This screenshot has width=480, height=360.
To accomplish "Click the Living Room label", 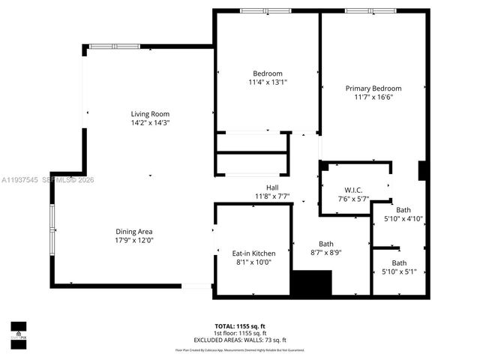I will click(x=150, y=114).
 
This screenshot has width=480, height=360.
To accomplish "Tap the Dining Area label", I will click(x=134, y=232).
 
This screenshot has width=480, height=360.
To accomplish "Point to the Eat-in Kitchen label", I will click(x=253, y=253).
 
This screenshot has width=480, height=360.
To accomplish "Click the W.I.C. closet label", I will click(x=353, y=190).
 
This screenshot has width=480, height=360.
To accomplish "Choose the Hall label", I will click(x=273, y=187).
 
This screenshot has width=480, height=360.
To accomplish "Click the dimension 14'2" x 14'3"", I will click(x=150, y=122).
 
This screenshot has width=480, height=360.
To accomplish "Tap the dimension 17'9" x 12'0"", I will click(x=134, y=241).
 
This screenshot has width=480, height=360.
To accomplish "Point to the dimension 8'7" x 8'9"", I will click(x=326, y=253).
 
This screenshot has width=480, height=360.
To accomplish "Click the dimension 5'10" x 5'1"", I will click(x=399, y=271).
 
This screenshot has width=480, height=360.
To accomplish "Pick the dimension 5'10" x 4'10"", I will click(x=403, y=219).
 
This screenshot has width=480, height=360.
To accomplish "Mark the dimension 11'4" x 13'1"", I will click(x=268, y=82).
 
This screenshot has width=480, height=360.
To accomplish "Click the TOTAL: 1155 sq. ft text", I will click(x=239, y=326).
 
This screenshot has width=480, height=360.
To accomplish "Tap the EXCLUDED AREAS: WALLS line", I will click(x=239, y=340).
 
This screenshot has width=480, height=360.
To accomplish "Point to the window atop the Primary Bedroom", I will click(x=370, y=10).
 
